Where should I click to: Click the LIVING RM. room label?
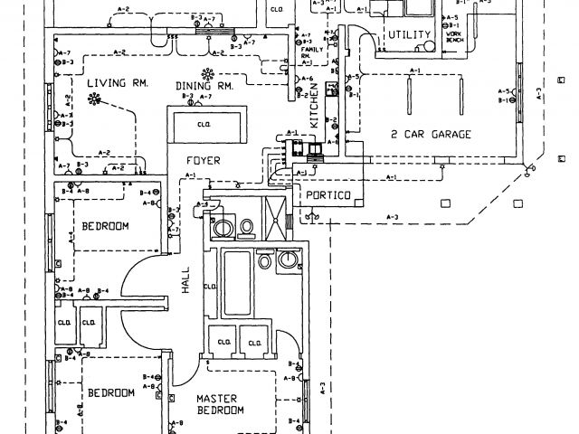(117, 84)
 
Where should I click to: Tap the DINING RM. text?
(205, 86)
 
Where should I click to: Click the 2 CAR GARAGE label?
(431, 135)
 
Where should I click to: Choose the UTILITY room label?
(406, 34)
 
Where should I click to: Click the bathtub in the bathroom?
(237, 281)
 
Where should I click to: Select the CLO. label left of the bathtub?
(210, 287)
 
